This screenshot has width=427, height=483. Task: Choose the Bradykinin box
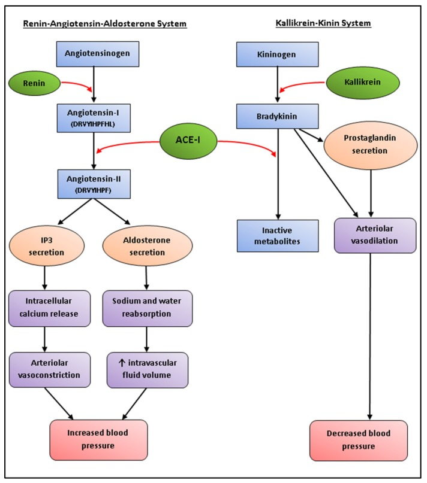276,115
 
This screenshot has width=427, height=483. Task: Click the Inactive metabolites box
276,235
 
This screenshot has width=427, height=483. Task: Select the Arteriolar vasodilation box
375,235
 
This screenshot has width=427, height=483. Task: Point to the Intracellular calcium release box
50,309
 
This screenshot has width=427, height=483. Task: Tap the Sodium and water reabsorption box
146,309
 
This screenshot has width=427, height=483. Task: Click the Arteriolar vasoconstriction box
50,370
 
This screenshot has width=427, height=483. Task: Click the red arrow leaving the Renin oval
77,84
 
